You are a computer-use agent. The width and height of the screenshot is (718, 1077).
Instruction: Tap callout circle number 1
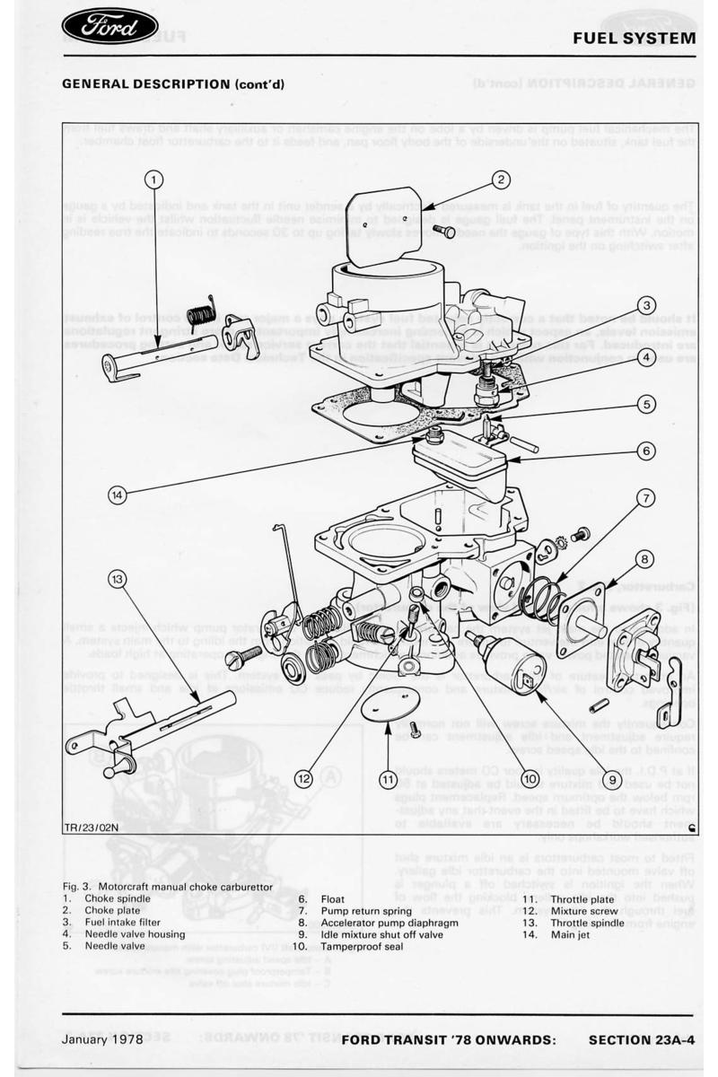(154, 179)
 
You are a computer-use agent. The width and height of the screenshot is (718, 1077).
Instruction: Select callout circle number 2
(500, 179)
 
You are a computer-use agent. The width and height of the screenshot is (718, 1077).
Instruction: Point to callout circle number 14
(118, 494)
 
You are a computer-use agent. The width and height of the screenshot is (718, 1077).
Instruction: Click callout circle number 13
(118, 579)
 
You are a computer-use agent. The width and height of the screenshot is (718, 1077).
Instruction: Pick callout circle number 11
(387, 780)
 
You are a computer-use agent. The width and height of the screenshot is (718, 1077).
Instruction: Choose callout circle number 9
(613, 780)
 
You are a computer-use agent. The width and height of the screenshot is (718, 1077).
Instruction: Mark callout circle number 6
(645, 451)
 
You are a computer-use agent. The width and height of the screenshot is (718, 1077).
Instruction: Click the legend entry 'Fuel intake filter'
(123, 922)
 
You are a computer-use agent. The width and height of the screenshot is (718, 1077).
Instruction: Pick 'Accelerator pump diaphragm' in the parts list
(389, 922)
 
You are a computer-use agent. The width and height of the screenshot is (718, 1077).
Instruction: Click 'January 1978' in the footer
(102, 1040)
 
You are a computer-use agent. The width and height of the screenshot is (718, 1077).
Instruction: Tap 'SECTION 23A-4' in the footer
(642, 1040)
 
